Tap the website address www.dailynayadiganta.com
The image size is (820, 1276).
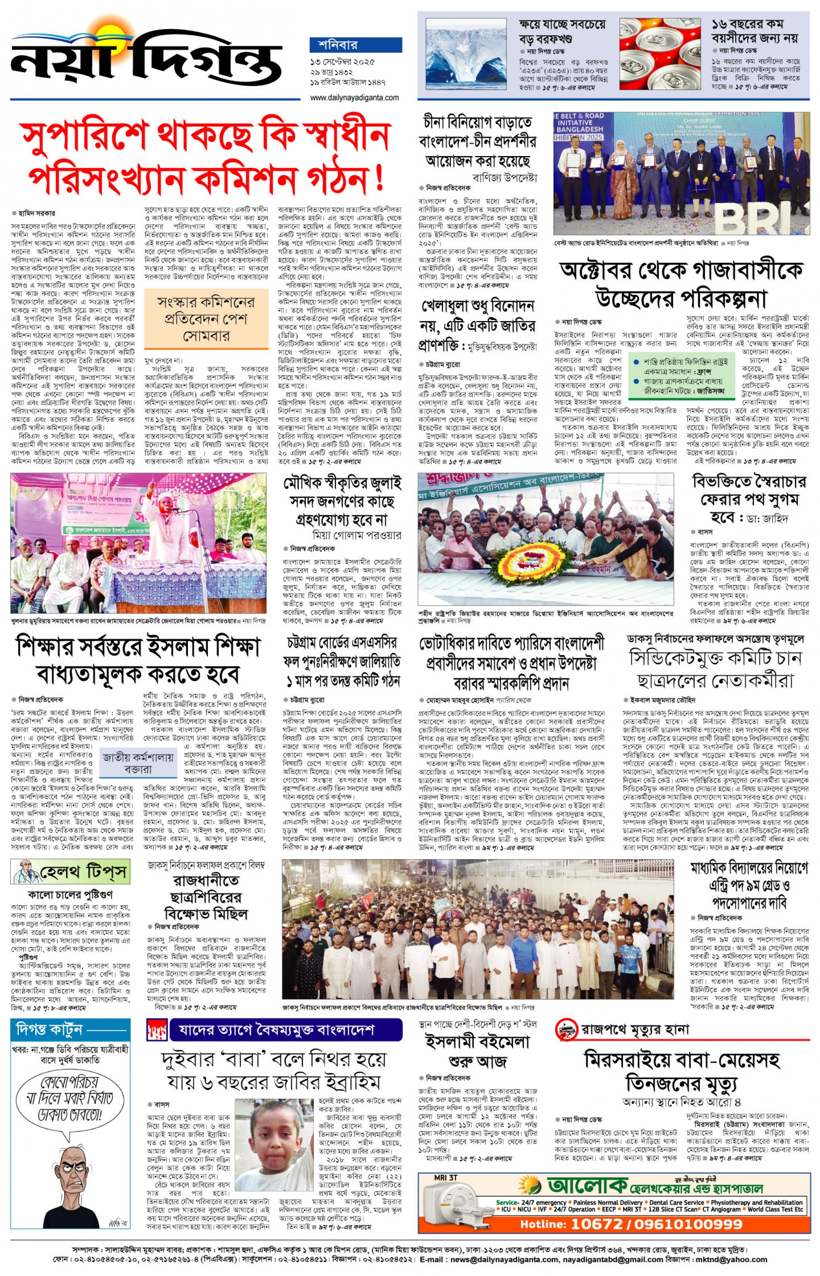[354, 97]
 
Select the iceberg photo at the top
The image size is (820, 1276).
[466, 53]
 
